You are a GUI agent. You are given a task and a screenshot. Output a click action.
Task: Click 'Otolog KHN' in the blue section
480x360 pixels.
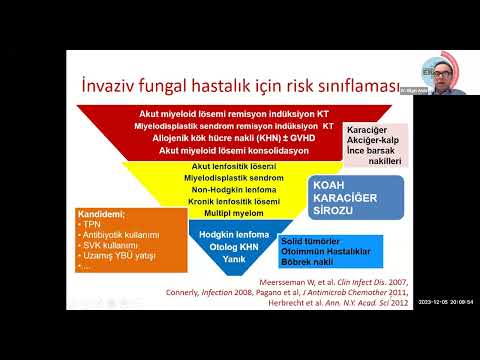click(x=233, y=245)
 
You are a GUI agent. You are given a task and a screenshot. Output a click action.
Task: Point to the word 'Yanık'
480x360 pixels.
click(x=233, y=258)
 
